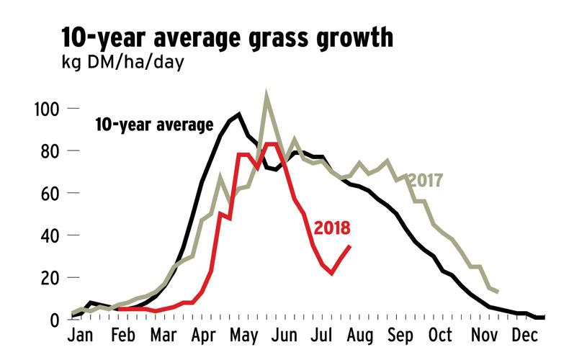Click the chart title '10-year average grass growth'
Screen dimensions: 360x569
tap(228, 37)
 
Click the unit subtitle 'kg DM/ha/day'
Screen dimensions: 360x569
tap(123, 63)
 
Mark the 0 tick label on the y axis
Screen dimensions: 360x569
tap(55, 320)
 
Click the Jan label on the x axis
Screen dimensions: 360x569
tap(81, 336)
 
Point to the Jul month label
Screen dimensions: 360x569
tap(321, 336)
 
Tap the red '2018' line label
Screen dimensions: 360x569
tap(332, 228)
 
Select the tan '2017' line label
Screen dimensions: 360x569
tap(424, 180)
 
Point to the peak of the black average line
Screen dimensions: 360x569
tap(238, 114)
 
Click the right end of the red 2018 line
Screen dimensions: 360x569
tap(350, 246)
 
